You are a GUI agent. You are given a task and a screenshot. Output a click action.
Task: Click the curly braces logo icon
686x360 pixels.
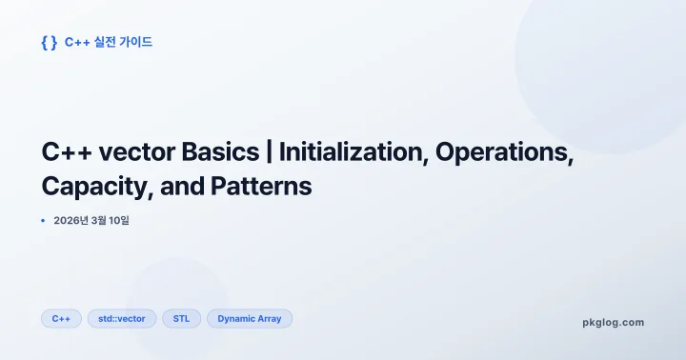tap(50, 42)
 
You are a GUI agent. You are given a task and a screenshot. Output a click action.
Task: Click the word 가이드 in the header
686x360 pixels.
tap(137, 42)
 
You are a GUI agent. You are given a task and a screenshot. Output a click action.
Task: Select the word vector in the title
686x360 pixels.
tap(130, 152)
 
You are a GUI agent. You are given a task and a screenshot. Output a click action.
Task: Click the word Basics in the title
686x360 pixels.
tap(212, 152)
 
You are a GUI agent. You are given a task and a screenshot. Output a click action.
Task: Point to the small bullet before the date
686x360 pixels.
tap(43, 221)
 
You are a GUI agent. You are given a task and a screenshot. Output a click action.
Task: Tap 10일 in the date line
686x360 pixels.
tap(117, 221)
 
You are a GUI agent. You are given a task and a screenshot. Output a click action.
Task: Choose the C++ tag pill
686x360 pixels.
tap(61, 318)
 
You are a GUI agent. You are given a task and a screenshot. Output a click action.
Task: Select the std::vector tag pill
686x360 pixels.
tap(122, 318)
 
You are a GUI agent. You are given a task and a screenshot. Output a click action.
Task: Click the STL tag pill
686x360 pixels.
tap(181, 318)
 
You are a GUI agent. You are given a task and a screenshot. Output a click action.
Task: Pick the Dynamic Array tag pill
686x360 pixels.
tap(250, 318)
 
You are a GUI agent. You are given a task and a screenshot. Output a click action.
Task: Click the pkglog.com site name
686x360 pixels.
tap(613, 322)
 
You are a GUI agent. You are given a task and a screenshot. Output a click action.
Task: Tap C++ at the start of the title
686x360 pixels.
tap(62, 152)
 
